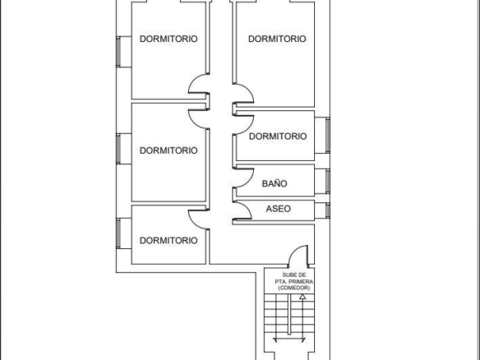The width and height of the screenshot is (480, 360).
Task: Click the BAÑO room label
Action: (275, 183)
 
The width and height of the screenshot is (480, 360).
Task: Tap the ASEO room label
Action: (279, 209)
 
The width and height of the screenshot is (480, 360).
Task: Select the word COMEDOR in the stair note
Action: (294, 288)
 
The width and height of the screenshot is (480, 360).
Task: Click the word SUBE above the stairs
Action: (289, 275)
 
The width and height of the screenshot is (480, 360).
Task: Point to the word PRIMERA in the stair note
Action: (301, 281)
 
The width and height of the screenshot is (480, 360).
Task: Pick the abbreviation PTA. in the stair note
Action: (281, 281)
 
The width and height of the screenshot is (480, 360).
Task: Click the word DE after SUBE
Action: (302, 275)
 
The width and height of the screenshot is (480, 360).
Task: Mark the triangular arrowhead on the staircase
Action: (302, 297)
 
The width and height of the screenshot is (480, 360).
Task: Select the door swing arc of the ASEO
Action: (247, 208)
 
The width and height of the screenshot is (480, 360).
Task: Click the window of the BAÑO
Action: (328, 181)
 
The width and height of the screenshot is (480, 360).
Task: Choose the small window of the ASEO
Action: (328, 210)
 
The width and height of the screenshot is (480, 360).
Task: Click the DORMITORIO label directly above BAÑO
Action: (278, 136)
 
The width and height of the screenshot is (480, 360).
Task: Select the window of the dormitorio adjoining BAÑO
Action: (328, 135)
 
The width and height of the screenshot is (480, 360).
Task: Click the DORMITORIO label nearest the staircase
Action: (168, 240)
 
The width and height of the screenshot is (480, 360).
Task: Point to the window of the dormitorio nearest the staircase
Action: (118, 233)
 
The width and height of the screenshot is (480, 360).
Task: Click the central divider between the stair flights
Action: (289, 315)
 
